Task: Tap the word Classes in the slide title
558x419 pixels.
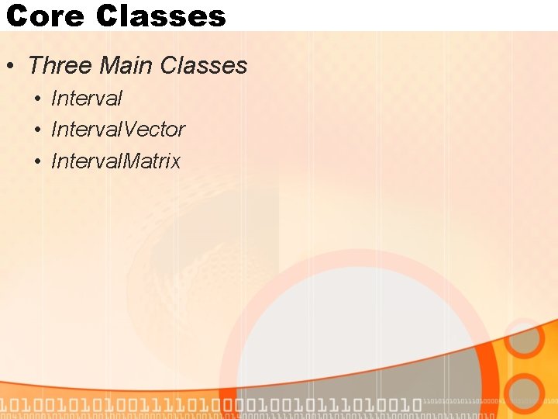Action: tap(162, 16)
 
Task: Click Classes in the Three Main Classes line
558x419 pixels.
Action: tap(203, 66)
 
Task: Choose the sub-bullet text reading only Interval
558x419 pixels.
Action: tap(87, 99)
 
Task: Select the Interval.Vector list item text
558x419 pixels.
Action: tap(118, 130)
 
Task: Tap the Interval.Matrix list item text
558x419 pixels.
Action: tap(115, 161)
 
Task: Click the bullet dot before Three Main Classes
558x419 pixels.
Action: tap(9, 67)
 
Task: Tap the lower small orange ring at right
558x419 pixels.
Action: tap(526, 393)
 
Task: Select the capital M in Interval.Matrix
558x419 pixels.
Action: tap(133, 161)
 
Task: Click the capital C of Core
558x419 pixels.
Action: tap(18, 16)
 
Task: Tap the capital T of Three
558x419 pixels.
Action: tap(35, 66)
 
